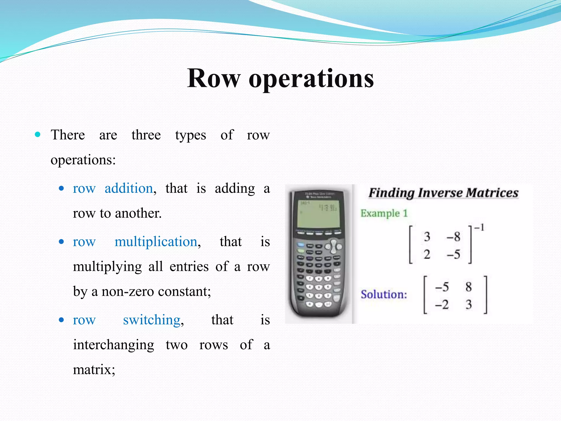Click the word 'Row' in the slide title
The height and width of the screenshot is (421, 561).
pos(214,79)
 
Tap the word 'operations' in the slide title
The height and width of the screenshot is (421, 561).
pos(311,79)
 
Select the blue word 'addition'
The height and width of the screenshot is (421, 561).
pos(129,189)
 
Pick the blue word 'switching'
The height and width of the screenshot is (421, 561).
pos(151,320)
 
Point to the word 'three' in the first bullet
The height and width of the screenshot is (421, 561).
pos(146,135)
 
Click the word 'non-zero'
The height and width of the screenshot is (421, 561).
pos(128,292)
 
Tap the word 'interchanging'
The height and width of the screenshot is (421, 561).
pos(113,345)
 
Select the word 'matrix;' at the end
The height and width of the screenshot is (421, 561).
pos(94,370)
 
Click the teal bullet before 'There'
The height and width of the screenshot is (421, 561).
pos(38,135)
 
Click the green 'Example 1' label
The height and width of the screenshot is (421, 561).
pos(384,213)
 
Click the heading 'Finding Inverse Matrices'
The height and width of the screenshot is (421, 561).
pos(443,193)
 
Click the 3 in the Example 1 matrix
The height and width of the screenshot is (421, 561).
pos(427,237)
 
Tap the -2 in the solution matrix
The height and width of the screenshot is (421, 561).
pos(442,305)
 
